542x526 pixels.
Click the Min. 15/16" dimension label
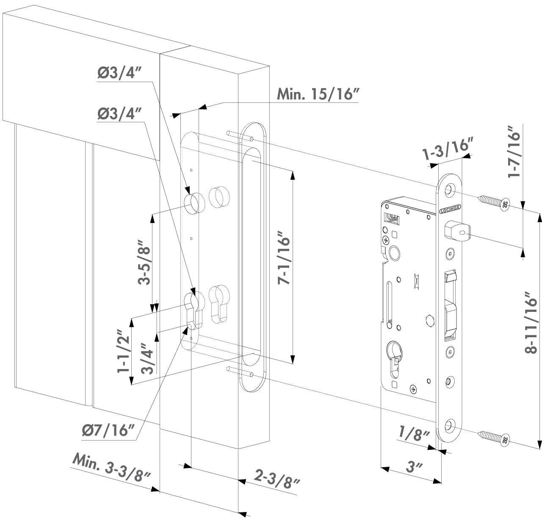[318, 94]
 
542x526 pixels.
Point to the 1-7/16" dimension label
[514, 151]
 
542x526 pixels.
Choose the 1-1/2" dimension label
[123, 351]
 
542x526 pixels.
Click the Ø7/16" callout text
[109, 430]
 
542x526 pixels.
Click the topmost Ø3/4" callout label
[119, 73]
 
